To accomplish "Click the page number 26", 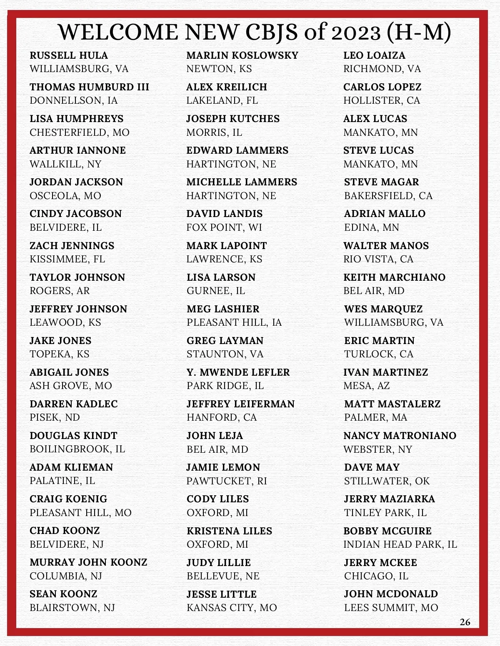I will pos(465,622).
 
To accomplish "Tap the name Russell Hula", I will pos(69,55).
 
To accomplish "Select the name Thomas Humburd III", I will pos(89,87).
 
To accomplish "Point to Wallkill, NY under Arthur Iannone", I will pos(65,164).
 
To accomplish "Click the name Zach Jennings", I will pos(72,246).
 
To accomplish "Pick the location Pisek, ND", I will pos(55,417).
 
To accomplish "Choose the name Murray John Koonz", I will pos(88,562).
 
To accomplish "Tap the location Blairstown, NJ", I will pos(72,608).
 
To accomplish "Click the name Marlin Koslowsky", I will pos(242,55).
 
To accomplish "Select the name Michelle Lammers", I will pos(242,182).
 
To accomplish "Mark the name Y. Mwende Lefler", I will pos(238,372).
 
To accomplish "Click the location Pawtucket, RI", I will pos(227,481).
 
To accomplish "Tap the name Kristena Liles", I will pos(229,531).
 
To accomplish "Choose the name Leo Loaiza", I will pos(374,55).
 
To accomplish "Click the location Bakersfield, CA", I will pos(388,196).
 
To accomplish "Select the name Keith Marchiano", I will pos(394,277).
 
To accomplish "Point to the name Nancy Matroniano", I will pos(400,436).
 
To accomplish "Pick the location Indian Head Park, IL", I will pos(400,544).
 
